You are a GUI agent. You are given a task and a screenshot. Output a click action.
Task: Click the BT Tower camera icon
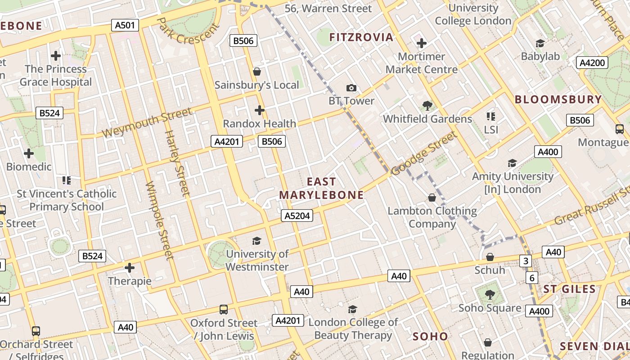coord(351,88)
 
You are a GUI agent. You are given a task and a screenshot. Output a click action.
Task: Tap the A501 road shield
coord(125,25)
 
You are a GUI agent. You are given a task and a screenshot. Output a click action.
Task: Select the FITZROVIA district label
coord(361,37)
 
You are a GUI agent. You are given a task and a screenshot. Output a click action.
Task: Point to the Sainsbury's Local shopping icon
coord(257,72)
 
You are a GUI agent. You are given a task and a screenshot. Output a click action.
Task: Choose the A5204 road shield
coord(297,216)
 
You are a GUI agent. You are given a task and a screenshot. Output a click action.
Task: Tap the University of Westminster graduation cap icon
coord(256,241)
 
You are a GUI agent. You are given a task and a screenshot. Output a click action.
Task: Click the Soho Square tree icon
coord(490,295)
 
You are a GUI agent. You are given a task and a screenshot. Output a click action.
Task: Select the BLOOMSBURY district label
coord(558,99)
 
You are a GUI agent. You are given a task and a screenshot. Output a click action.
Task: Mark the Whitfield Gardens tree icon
coord(427,106)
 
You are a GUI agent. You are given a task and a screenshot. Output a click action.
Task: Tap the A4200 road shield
coord(592,63)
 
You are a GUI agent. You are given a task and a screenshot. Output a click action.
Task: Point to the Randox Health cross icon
coord(259,110)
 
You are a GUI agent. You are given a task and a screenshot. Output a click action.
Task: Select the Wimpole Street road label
coord(160,220)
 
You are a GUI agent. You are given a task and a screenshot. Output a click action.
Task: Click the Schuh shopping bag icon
coord(490,257)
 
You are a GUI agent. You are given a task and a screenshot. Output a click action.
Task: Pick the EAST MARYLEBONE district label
coord(321,188)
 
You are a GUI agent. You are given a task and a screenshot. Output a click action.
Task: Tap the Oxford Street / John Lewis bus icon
coord(224,309)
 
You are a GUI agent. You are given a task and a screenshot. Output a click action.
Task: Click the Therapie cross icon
coord(130,268)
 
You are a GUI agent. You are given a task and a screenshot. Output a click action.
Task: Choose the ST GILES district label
coord(569,289)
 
